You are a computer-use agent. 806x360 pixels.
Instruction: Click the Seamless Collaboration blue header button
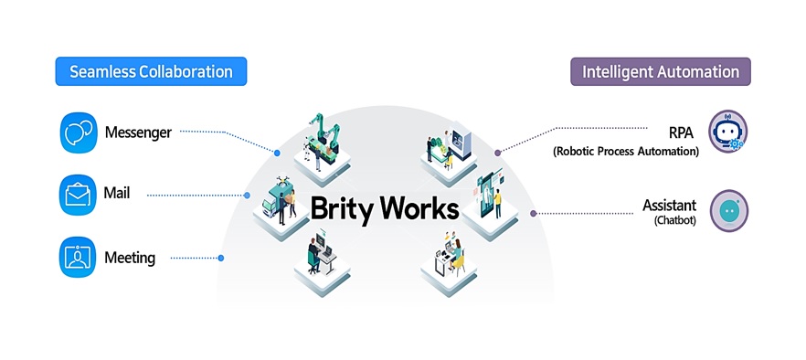point(151,71)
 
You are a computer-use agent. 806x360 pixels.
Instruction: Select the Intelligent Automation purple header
point(660,71)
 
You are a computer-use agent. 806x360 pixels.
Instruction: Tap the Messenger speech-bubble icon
point(77,132)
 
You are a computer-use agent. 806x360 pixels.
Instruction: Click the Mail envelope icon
point(77,194)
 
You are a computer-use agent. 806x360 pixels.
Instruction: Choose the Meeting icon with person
point(77,257)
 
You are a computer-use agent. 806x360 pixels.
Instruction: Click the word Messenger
point(138,132)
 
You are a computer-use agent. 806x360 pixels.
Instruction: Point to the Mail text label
point(117,194)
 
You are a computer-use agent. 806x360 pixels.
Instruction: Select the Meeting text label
point(130,258)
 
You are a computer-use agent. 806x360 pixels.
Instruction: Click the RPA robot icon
point(727,132)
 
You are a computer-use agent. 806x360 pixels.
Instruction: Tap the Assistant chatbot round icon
point(728,210)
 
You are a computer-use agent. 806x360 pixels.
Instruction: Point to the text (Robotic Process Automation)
point(626,151)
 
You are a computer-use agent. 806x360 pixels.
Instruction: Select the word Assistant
point(670,206)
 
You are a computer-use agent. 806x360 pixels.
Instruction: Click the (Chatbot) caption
point(675,221)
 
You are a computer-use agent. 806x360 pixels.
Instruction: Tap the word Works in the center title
point(419,208)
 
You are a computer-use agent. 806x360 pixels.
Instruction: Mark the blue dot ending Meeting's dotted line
point(220,258)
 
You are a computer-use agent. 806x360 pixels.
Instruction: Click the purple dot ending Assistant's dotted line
point(534,213)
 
